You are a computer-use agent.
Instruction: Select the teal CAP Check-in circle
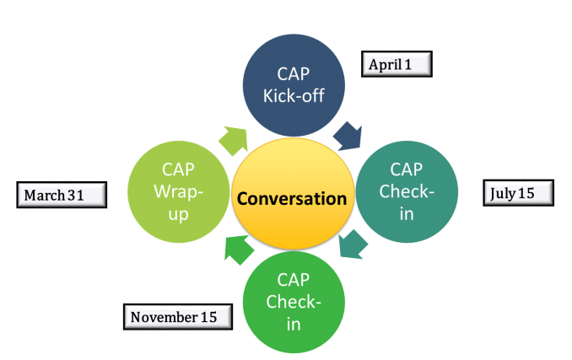click(x=407, y=191)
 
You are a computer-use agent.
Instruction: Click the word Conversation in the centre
click(x=291, y=200)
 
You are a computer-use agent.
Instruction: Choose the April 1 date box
click(x=396, y=64)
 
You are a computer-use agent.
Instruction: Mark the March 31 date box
click(x=62, y=196)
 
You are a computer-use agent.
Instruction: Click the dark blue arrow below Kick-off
click(x=348, y=134)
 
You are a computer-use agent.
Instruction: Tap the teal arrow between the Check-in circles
click(x=351, y=244)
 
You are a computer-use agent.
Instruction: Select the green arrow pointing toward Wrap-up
click(x=240, y=247)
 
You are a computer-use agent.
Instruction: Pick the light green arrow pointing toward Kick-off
click(x=233, y=138)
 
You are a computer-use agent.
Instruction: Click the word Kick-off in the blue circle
click(x=294, y=94)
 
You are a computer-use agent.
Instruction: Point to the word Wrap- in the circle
click(x=179, y=191)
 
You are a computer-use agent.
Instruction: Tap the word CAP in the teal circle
click(x=407, y=169)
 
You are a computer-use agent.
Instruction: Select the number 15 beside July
click(x=526, y=193)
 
